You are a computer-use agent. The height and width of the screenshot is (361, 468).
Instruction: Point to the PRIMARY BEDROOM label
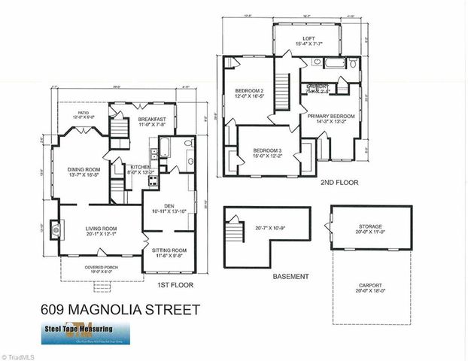click(332, 116)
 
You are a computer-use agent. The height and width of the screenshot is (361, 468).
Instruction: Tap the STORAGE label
click(370, 226)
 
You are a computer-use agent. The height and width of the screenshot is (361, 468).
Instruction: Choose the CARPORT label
click(370, 286)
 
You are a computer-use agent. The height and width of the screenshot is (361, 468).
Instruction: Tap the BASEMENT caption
click(290, 277)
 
